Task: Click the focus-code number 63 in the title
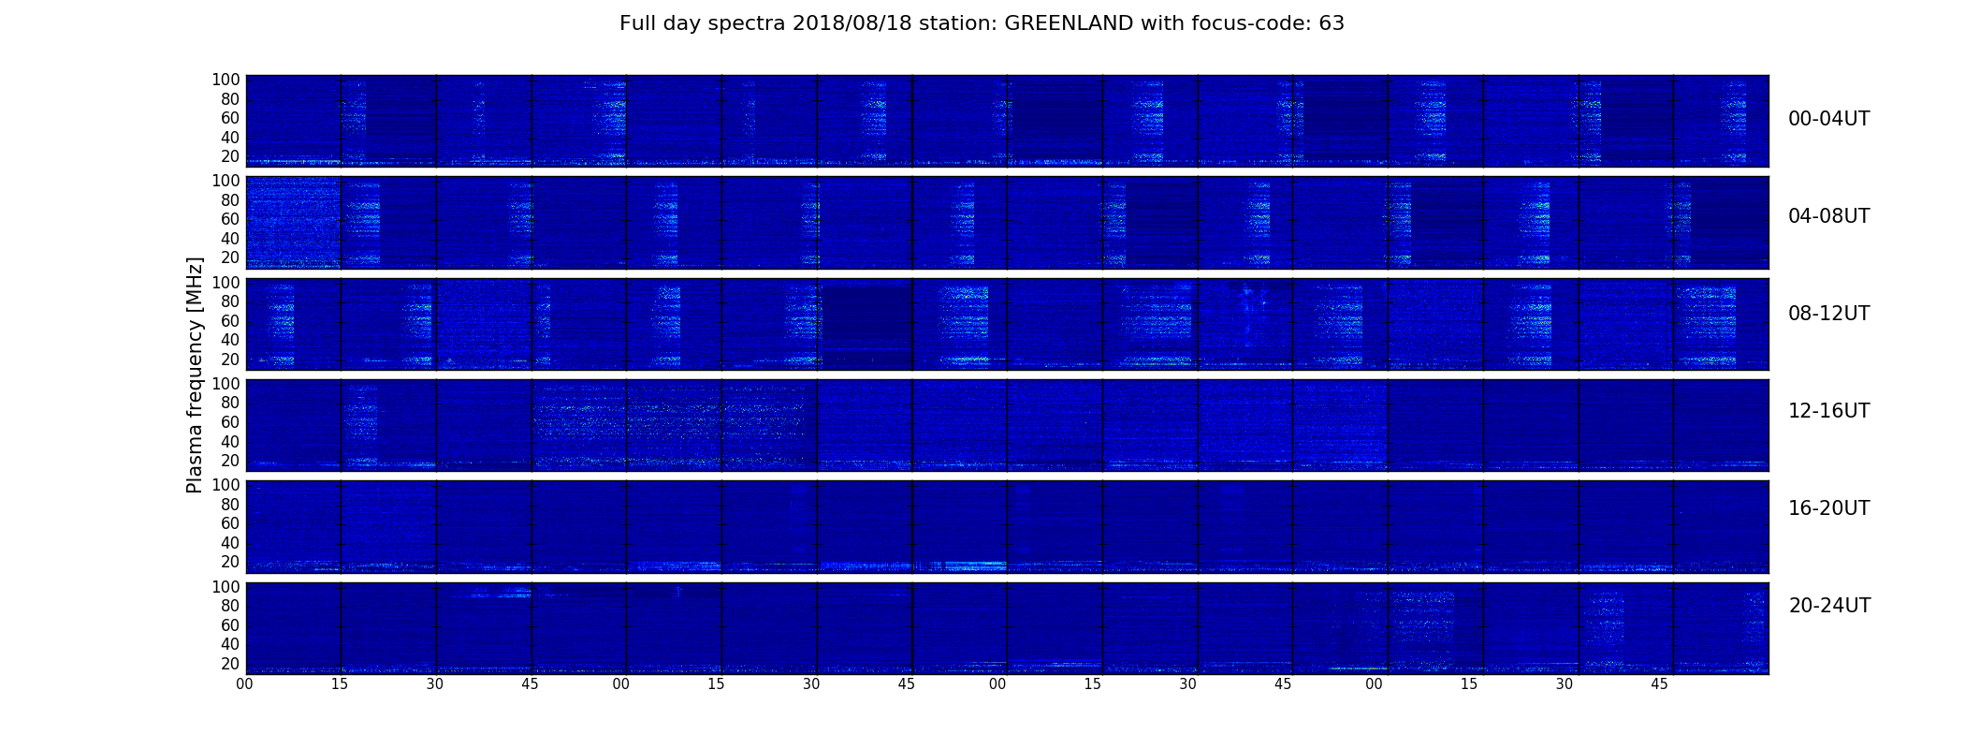pyautogui.click(x=1332, y=23)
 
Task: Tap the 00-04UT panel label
pyautogui.click(x=1829, y=119)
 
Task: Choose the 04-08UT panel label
pyautogui.click(x=1829, y=216)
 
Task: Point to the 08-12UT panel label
pyautogui.click(x=1829, y=314)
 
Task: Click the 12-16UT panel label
pyautogui.click(x=1829, y=411)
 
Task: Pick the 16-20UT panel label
pyautogui.click(x=1829, y=508)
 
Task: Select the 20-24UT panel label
pyautogui.click(x=1829, y=606)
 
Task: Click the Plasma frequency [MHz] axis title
pyautogui.click(x=195, y=374)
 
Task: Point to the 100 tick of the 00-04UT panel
pyautogui.click(x=226, y=81)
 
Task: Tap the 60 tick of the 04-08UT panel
pyautogui.click(x=230, y=220)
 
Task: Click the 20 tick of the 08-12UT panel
pyautogui.click(x=230, y=360)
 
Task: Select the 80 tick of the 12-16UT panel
pyautogui.click(x=230, y=404)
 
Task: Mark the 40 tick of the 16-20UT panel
pyautogui.click(x=230, y=543)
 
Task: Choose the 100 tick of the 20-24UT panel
pyautogui.click(x=226, y=587)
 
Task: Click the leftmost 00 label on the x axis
pyautogui.click(x=245, y=684)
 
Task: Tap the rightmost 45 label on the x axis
pyautogui.click(x=1660, y=684)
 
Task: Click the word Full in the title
pyautogui.click(x=636, y=23)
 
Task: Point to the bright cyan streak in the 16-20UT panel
pyautogui.click(x=975, y=565)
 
